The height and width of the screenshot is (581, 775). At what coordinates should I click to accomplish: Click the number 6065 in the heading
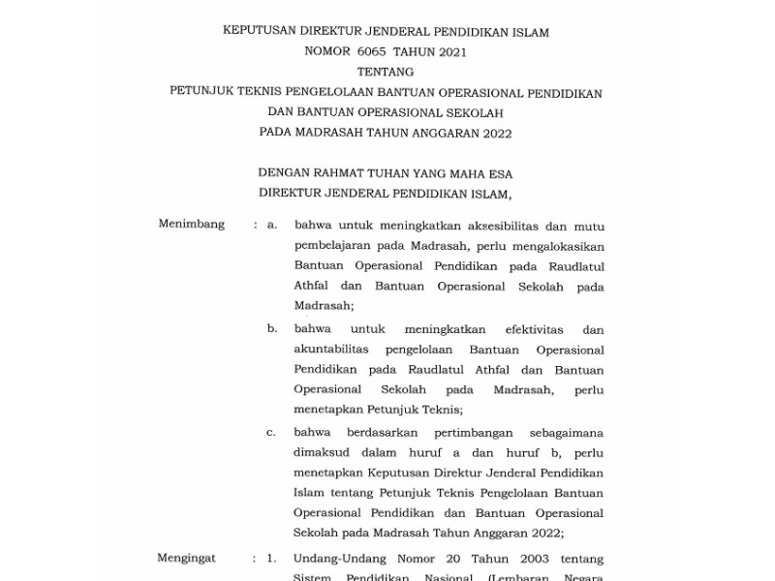(372, 52)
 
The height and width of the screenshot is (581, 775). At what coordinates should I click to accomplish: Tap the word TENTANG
(386, 73)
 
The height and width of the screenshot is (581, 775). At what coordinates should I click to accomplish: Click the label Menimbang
(192, 225)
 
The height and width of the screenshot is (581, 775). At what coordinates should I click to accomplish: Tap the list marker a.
(272, 225)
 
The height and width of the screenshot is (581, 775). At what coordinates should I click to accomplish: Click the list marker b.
(272, 329)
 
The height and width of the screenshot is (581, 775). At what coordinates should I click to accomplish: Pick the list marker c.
(272, 431)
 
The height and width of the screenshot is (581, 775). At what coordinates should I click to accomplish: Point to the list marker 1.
(272, 559)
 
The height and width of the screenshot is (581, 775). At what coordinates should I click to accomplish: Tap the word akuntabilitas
(336, 350)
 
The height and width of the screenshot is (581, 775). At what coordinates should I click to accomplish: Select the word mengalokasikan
(551, 245)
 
